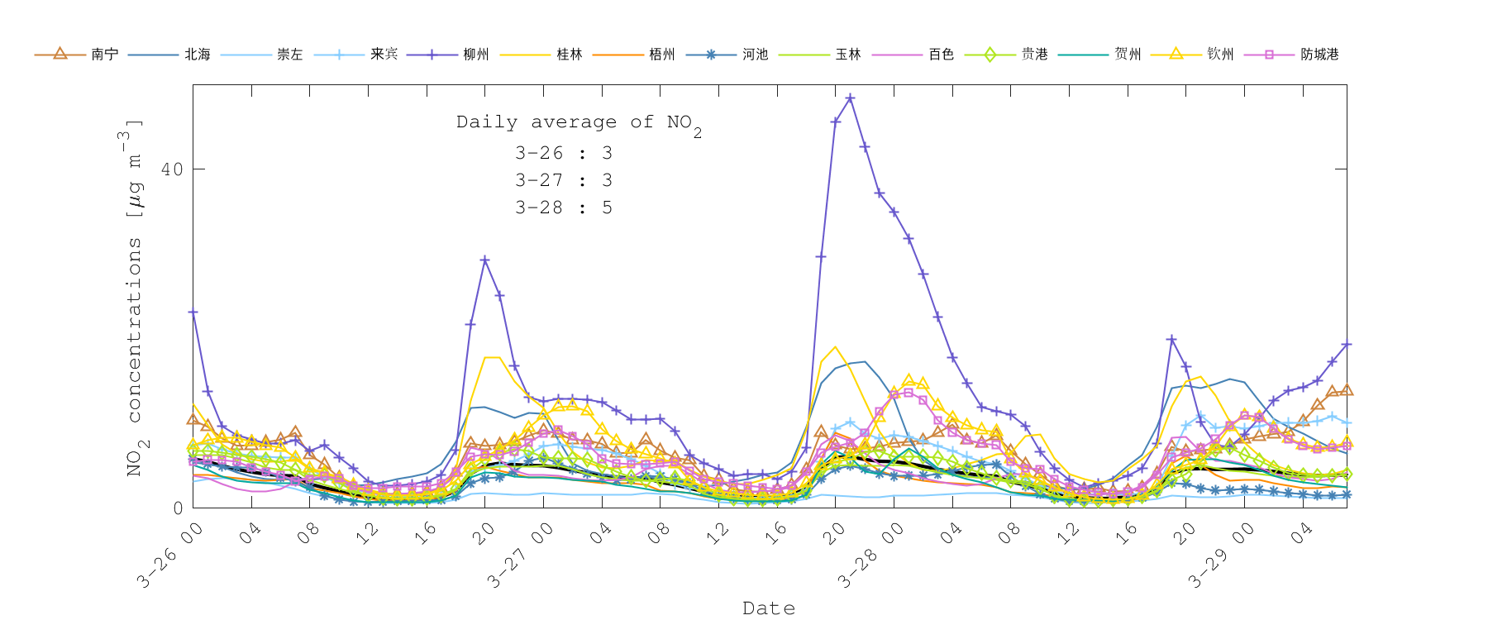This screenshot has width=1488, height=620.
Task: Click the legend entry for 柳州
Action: click(x=475, y=55)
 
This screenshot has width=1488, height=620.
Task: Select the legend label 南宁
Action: click(x=104, y=55)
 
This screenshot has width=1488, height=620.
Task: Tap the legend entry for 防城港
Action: click(x=1319, y=55)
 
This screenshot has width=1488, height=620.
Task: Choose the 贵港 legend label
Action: click(x=1034, y=55)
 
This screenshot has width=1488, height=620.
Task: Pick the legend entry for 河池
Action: click(x=755, y=55)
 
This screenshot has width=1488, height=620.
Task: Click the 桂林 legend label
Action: click(x=569, y=55)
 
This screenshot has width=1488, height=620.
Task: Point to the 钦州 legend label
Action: click(x=1220, y=55)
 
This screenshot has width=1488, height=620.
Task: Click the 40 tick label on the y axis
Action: click(x=172, y=169)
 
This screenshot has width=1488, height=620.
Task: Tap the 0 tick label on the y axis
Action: click(x=178, y=508)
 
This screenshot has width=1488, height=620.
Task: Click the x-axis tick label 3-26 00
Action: click(x=169, y=556)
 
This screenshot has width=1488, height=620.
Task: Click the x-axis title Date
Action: click(x=769, y=608)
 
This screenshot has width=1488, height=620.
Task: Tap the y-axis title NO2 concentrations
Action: click(x=134, y=298)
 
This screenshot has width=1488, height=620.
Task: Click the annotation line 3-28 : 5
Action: click(x=563, y=207)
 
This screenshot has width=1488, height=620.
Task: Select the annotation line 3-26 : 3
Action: click(x=563, y=153)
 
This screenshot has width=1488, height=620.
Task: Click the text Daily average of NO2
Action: click(x=579, y=123)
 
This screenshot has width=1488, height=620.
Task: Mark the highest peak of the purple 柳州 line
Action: click(x=850, y=98)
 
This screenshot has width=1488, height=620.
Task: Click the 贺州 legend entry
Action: click(x=1127, y=55)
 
